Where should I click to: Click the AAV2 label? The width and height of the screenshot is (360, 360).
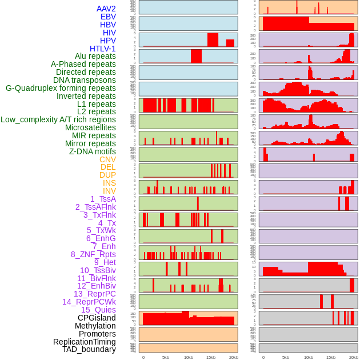point(106,9)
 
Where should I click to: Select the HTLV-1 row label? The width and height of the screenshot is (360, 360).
point(102,49)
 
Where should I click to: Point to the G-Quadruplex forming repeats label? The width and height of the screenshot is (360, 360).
point(61,88)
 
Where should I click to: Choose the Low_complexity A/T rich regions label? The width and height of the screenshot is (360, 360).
point(58,119)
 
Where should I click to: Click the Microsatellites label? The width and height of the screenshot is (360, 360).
point(90,127)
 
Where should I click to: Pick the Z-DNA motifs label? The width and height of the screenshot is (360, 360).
point(92,151)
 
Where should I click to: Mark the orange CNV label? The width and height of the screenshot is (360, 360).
point(107,159)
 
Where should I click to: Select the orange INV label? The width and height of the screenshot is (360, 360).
point(109,191)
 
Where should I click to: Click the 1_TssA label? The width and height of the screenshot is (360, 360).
point(103,199)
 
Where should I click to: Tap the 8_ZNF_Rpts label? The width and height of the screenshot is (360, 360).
point(93,254)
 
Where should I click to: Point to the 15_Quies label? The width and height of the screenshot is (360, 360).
point(98,310)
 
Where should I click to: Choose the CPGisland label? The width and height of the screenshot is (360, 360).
point(97,318)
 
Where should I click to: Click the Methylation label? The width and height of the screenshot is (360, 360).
point(95,326)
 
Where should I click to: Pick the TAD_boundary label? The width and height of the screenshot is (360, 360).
point(89,349)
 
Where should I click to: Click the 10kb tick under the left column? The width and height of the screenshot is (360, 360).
point(188,357)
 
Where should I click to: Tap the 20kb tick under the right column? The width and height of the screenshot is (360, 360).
point(354,357)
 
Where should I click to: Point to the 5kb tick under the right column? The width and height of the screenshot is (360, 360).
point(286,357)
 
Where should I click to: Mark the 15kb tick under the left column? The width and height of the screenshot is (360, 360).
point(211,357)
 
